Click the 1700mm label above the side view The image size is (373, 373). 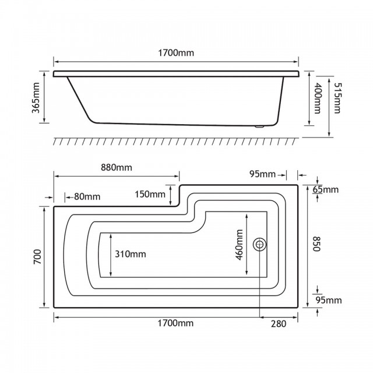pyautogui.click(x=176, y=52)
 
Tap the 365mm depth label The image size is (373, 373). pyautogui.click(x=36, y=98)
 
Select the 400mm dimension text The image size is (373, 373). pyautogui.click(x=317, y=98)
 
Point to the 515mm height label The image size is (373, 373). pyautogui.click(x=337, y=98)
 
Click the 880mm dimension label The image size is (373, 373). pyautogui.click(x=117, y=167)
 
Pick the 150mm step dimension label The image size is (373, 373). pyautogui.click(x=150, y=194)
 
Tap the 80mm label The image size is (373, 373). pyautogui.click(x=87, y=197)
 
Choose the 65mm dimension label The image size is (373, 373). pyautogui.click(x=325, y=189)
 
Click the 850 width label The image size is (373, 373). pyautogui.click(x=316, y=244)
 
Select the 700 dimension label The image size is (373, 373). pyautogui.click(x=37, y=256)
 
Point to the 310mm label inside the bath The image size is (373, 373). pyautogui.click(x=131, y=254)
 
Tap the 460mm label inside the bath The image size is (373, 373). pyautogui.click(x=239, y=245)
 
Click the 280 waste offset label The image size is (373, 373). pyautogui.click(x=279, y=324)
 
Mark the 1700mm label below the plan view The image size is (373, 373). pyautogui.click(x=175, y=323)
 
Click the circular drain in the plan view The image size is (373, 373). pyautogui.click(x=259, y=244)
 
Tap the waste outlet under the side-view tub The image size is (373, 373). pyautogui.click(x=259, y=126)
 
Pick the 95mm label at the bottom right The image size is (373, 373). pyautogui.click(x=329, y=300)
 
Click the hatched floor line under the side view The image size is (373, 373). pyautogui.click(x=176, y=141)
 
